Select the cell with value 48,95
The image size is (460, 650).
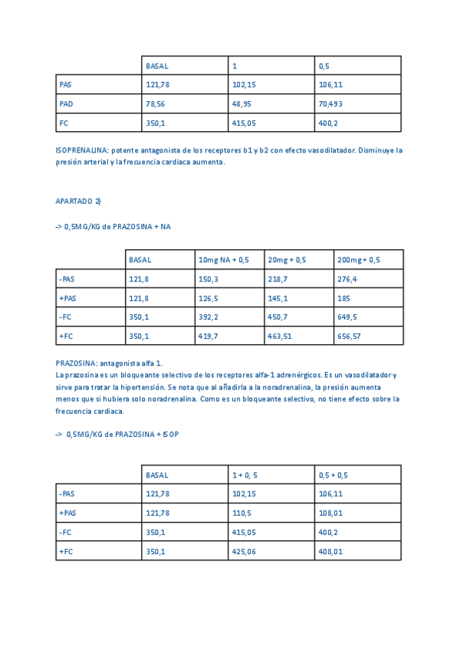(242, 103)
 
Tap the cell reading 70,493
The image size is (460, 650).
(330, 103)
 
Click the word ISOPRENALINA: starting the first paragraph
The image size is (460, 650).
(82, 150)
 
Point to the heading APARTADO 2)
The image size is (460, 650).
(78, 201)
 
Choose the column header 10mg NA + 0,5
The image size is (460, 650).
(223, 260)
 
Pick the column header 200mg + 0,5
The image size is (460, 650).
(358, 260)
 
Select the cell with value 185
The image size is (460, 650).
(343, 298)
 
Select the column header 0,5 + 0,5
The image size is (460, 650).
(333, 475)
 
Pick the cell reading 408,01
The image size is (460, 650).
(330, 551)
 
